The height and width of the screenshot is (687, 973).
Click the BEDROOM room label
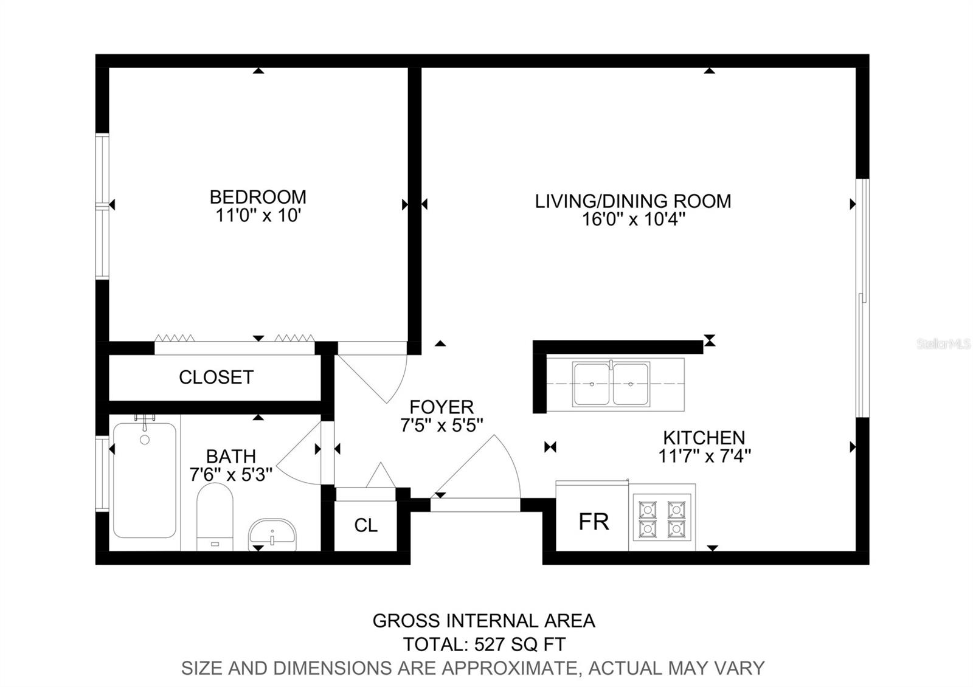point(258,197)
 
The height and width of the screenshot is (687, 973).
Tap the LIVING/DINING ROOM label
point(633,201)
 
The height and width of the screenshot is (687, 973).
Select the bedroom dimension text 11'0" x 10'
point(258,216)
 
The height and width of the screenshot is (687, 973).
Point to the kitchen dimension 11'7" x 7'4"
point(705,456)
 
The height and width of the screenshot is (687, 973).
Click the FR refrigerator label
point(594,522)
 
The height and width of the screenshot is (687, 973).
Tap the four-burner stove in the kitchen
point(662,517)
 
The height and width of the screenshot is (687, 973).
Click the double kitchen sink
point(611,384)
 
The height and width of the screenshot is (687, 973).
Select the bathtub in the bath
point(145,480)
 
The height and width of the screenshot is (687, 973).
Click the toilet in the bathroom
point(215,517)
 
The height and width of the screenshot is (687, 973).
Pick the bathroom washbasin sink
point(272,534)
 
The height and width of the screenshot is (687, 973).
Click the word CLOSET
point(216,378)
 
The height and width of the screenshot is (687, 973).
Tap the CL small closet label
point(365,525)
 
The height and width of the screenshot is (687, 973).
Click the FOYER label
point(441,407)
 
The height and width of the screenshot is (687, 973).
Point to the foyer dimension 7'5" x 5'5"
point(441,426)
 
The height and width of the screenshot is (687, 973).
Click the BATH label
point(231,457)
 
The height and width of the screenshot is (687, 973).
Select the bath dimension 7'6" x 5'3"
point(231,475)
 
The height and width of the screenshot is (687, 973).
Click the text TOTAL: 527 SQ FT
point(484,644)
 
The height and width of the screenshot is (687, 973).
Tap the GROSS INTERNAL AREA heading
point(484,621)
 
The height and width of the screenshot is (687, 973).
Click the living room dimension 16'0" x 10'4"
point(633,219)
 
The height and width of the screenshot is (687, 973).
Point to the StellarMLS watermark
point(943,344)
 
